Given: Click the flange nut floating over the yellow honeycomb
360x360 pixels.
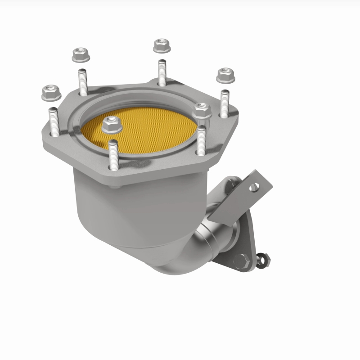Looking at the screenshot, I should click(112, 124).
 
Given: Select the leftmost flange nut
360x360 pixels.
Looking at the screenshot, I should click(51, 93).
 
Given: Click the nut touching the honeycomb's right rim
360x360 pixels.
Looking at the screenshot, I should click(202, 110).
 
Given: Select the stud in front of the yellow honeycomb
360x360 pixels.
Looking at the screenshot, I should click(113, 155).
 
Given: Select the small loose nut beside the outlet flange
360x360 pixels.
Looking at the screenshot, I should click(264, 258).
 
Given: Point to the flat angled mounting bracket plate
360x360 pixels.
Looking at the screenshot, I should click(243, 198).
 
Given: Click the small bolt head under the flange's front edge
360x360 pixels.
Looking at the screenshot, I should click(117, 186).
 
